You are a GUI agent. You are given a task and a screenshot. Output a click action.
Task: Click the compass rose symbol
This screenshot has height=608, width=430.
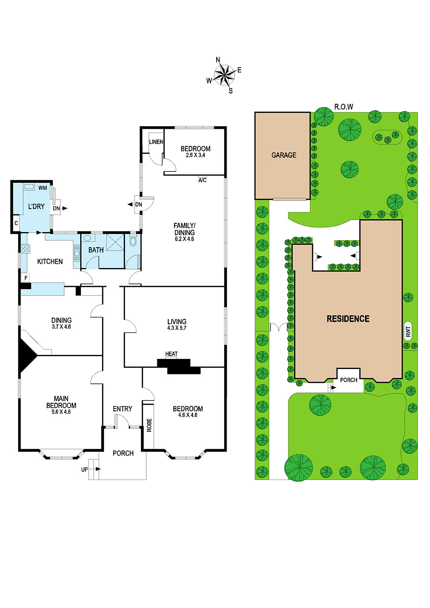(224, 75)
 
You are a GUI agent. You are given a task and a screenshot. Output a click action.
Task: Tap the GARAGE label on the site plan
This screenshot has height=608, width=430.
(284, 155)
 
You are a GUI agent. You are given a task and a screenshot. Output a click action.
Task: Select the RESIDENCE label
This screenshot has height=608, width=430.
(348, 319)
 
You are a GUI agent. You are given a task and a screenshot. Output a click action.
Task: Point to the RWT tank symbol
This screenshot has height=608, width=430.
(408, 331)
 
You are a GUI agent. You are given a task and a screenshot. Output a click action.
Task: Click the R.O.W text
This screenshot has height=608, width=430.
(344, 107)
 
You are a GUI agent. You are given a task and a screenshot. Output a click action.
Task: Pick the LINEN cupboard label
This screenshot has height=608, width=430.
(156, 142)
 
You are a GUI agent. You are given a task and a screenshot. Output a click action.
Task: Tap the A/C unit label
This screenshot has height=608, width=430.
(202, 180)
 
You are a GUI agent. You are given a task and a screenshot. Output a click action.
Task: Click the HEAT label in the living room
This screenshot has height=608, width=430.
(171, 354)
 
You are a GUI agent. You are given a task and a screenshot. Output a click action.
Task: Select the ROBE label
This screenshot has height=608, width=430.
(149, 425)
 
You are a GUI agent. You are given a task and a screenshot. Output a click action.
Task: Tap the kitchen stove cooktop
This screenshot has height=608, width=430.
(25, 249)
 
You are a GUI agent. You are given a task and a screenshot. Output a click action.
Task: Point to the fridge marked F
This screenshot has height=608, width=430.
(25, 278)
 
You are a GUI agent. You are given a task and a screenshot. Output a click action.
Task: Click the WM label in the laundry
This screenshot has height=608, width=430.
(43, 188)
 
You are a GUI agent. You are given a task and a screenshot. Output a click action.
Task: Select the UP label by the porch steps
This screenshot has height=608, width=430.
(84, 470)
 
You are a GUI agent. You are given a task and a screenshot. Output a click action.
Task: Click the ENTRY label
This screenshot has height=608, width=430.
(122, 409)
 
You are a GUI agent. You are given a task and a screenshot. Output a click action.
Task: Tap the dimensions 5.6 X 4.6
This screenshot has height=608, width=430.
(61, 412)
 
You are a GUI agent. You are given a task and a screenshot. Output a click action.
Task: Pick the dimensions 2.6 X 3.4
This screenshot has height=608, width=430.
(195, 155)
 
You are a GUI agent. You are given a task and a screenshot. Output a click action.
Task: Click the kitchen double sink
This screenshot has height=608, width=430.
(77, 253)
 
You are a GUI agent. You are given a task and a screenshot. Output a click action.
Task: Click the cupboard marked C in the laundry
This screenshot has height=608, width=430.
(16, 223)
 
